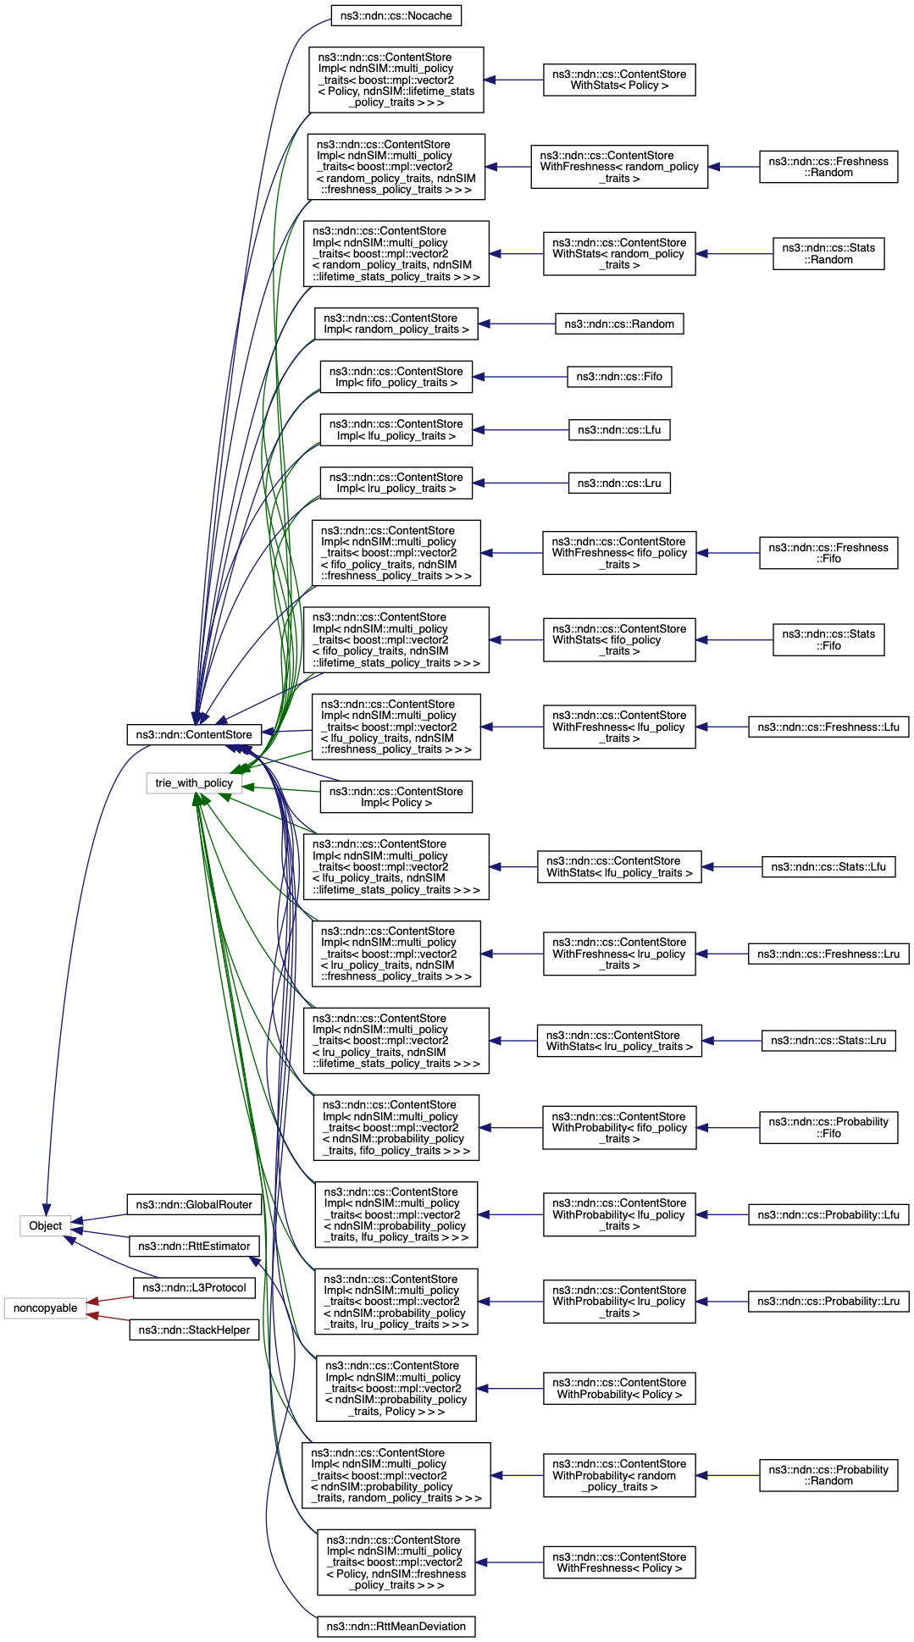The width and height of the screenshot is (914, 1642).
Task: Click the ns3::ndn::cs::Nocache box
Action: (396, 15)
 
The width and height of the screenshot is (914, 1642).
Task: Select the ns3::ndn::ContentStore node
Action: (194, 734)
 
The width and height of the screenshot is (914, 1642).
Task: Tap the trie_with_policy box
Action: (194, 783)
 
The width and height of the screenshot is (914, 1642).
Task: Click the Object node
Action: (46, 1225)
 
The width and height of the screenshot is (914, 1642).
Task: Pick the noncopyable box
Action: (46, 1308)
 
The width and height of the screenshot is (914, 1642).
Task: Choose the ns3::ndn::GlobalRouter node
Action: (194, 1204)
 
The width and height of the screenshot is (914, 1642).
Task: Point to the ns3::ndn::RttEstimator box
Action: (194, 1246)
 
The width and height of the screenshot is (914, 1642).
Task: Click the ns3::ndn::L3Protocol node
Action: (194, 1287)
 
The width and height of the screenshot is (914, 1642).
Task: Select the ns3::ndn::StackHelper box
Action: (194, 1330)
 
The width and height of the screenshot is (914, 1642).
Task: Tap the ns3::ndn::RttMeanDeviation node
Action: (396, 1626)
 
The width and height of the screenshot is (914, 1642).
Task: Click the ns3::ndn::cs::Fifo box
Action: (619, 377)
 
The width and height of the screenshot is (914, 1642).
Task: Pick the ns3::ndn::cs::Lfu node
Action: (619, 429)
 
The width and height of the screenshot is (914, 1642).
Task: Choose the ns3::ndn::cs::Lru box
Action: (619, 483)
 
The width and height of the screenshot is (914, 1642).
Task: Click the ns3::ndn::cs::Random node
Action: (619, 323)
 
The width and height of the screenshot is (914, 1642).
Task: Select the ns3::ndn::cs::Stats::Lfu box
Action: (828, 866)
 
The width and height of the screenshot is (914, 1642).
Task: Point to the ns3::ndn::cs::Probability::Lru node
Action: (828, 1301)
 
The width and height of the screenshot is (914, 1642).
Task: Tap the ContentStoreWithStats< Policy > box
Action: (619, 80)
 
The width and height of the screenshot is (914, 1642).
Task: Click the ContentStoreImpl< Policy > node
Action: (396, 797)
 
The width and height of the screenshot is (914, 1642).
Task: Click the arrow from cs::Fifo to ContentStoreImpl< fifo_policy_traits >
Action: (520, 377)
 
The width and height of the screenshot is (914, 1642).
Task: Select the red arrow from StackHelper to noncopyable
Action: (108, 1318)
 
